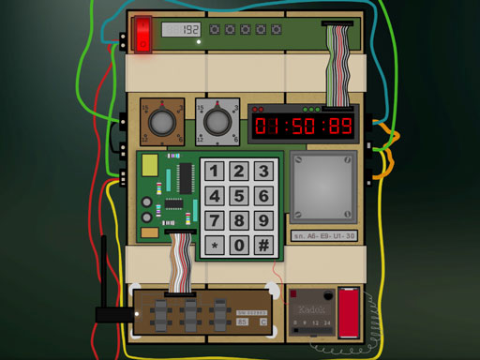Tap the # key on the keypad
264,245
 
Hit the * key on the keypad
215,245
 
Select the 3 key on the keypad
264,171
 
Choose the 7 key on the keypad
215,220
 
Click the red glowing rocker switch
142,35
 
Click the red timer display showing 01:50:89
305,125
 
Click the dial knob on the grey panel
217,122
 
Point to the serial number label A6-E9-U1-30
323,236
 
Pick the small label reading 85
244,322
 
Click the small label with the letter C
263,322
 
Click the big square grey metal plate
323,186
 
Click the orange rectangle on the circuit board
148,232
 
